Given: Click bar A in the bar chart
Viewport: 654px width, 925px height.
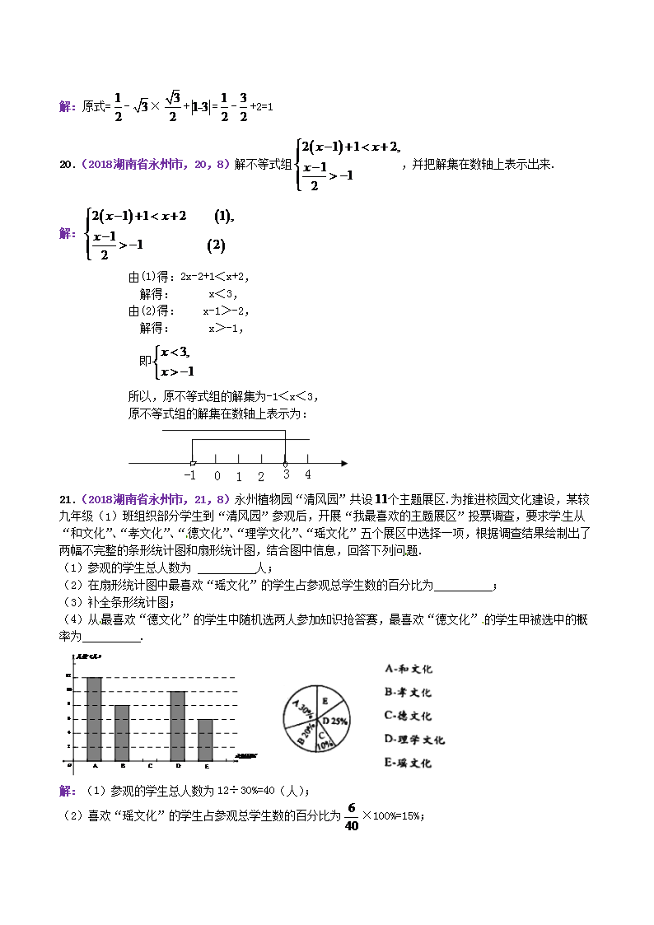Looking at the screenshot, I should [x=94, y=719].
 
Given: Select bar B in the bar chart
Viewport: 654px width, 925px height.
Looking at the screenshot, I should [x=121, y=733].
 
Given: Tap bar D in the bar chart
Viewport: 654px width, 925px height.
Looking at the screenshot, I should [x=177, y=726].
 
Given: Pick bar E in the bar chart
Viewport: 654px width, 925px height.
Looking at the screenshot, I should [x=205, y=740].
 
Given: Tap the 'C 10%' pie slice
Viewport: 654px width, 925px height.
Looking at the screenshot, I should [x=324, y=739].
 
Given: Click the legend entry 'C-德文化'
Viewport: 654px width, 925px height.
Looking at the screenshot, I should [x=408, y=716].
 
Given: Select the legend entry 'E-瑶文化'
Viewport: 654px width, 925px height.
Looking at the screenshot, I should [x=408, y=763].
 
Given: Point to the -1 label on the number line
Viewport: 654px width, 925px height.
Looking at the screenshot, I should [x=190, y=476].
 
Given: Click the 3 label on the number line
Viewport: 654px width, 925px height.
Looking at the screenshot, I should [x=286, y=475].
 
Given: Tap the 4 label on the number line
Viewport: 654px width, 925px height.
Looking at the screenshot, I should [x=308, y=475].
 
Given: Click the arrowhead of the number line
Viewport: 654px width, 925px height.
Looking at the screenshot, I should [x=343, y=463].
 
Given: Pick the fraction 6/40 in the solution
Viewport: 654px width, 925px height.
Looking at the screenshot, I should [x=352, y=817].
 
